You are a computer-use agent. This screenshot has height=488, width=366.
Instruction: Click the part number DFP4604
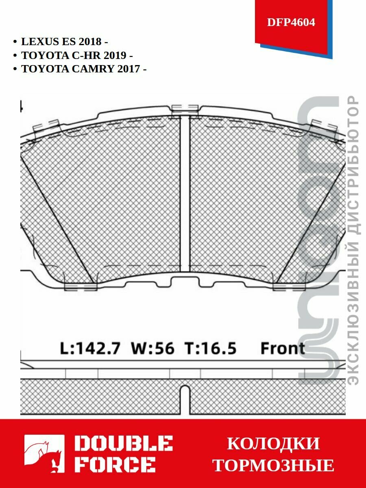click(x=291, y=22)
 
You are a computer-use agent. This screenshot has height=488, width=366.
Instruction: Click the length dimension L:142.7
click(x=90, y=349)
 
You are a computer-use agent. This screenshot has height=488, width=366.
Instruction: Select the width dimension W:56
click(x=152, y=349)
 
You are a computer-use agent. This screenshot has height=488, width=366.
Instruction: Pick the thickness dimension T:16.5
click(x=210, y=349)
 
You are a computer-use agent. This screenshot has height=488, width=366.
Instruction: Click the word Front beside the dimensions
click(x=282, y=349)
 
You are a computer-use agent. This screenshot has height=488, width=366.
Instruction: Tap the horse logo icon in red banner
click(x=44, y=454)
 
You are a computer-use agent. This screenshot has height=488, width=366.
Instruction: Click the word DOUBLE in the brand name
click(x=124, y=444)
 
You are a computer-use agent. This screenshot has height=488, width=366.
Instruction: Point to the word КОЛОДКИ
click(x=273, y=444)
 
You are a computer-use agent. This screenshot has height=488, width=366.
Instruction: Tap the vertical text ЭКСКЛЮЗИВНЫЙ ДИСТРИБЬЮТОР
click(x=354, y=240)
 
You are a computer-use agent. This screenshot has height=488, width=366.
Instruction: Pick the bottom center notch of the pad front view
click(x=185, y=281)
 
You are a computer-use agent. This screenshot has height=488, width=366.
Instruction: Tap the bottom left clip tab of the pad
click(x=81, y=287)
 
